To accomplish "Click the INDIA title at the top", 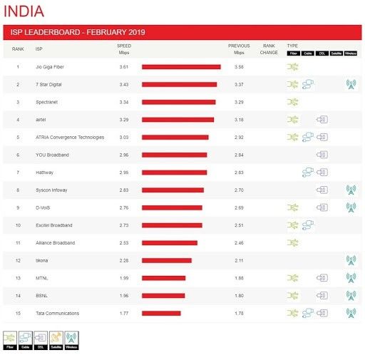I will tap(24, 11).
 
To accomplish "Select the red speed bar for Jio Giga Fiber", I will tap(181, 67).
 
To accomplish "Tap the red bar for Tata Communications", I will tap(161, 313).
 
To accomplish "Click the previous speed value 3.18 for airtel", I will tap(239, 119).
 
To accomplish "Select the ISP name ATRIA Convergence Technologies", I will tap(70, 137).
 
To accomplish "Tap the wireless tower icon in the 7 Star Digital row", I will tap(350, 84).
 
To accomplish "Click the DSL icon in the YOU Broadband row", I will tap(322, 155).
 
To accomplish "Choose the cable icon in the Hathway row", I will tap(308, 172).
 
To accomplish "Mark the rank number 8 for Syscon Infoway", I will tap(18, 190).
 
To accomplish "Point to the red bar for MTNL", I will tap(163, 278).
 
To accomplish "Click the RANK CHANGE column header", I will tap(269, 48).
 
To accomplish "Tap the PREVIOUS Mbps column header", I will tap(239, 48).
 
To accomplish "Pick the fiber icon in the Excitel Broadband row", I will tap(292, 225).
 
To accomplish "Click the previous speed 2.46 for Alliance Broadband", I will tap(239, 242).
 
